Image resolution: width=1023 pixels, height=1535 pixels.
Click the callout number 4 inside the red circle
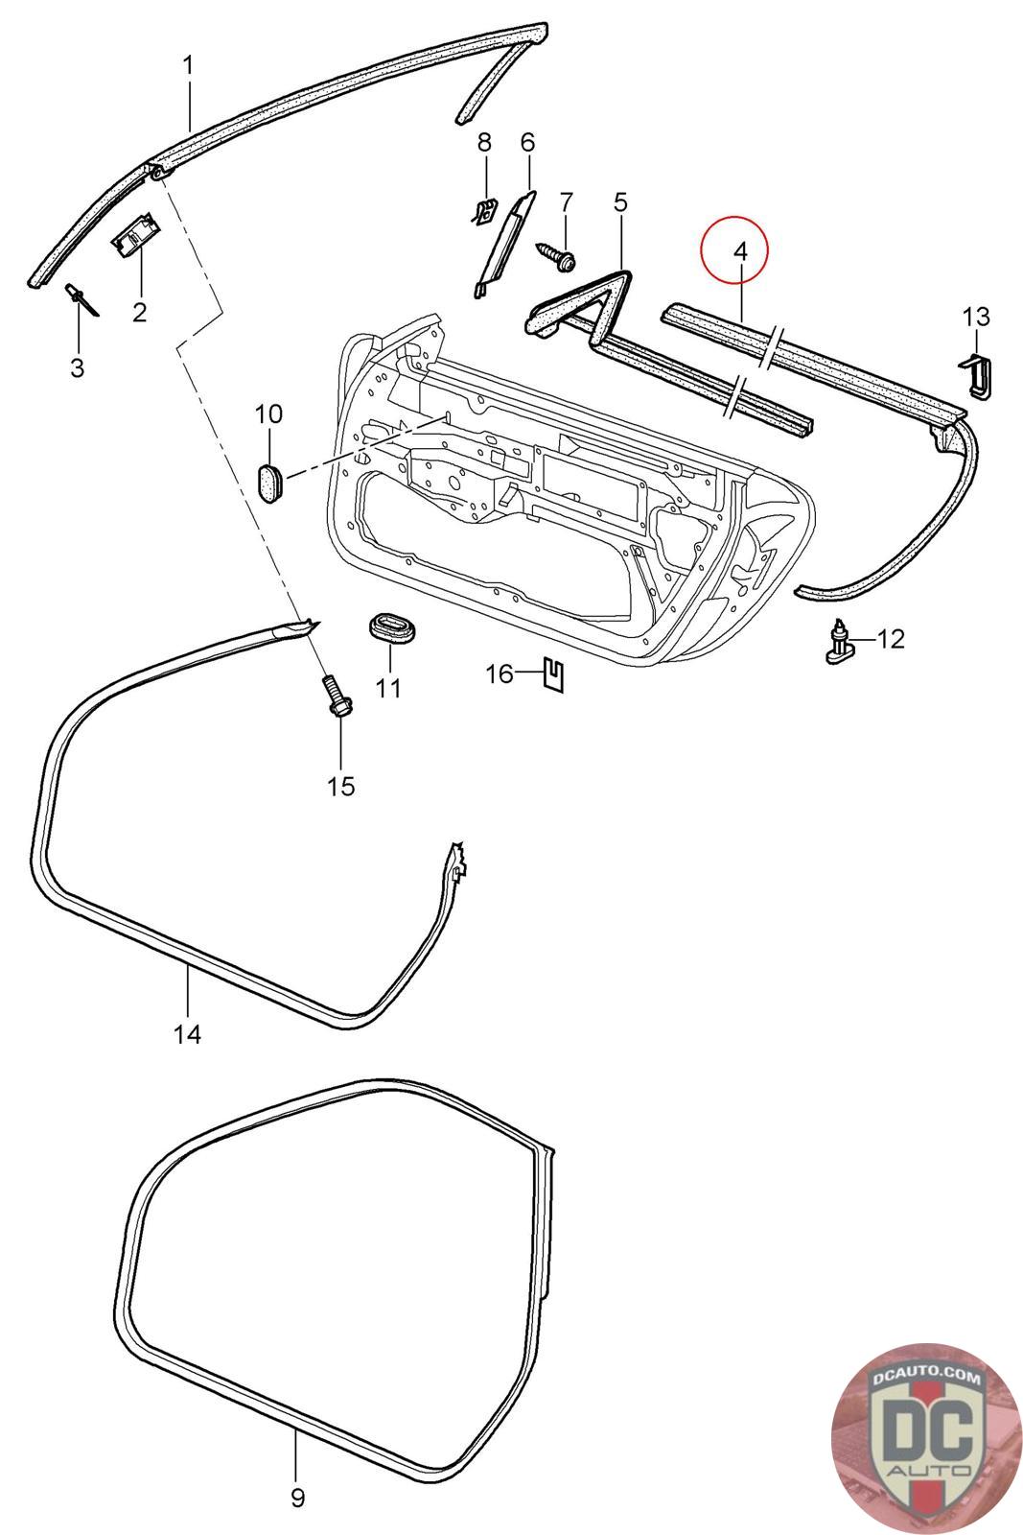(x=738, y=251)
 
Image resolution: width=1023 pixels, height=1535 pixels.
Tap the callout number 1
(x=188, y=65)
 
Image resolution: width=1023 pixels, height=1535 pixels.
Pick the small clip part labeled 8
(x=486, y=210)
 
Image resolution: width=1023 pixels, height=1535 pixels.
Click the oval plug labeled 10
(x=269, y=480)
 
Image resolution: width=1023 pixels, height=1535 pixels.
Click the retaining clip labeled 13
(x=976, y=376)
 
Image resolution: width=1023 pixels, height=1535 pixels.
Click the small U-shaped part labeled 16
(x=553, y=675)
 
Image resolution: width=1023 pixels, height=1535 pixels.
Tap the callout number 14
(x=187, y=1034)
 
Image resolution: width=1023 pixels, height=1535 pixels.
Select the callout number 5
(x=620, y=202)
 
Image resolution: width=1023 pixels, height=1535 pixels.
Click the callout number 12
(x=891, y=638)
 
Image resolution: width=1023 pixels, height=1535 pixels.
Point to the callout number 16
(x=500, y=673)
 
